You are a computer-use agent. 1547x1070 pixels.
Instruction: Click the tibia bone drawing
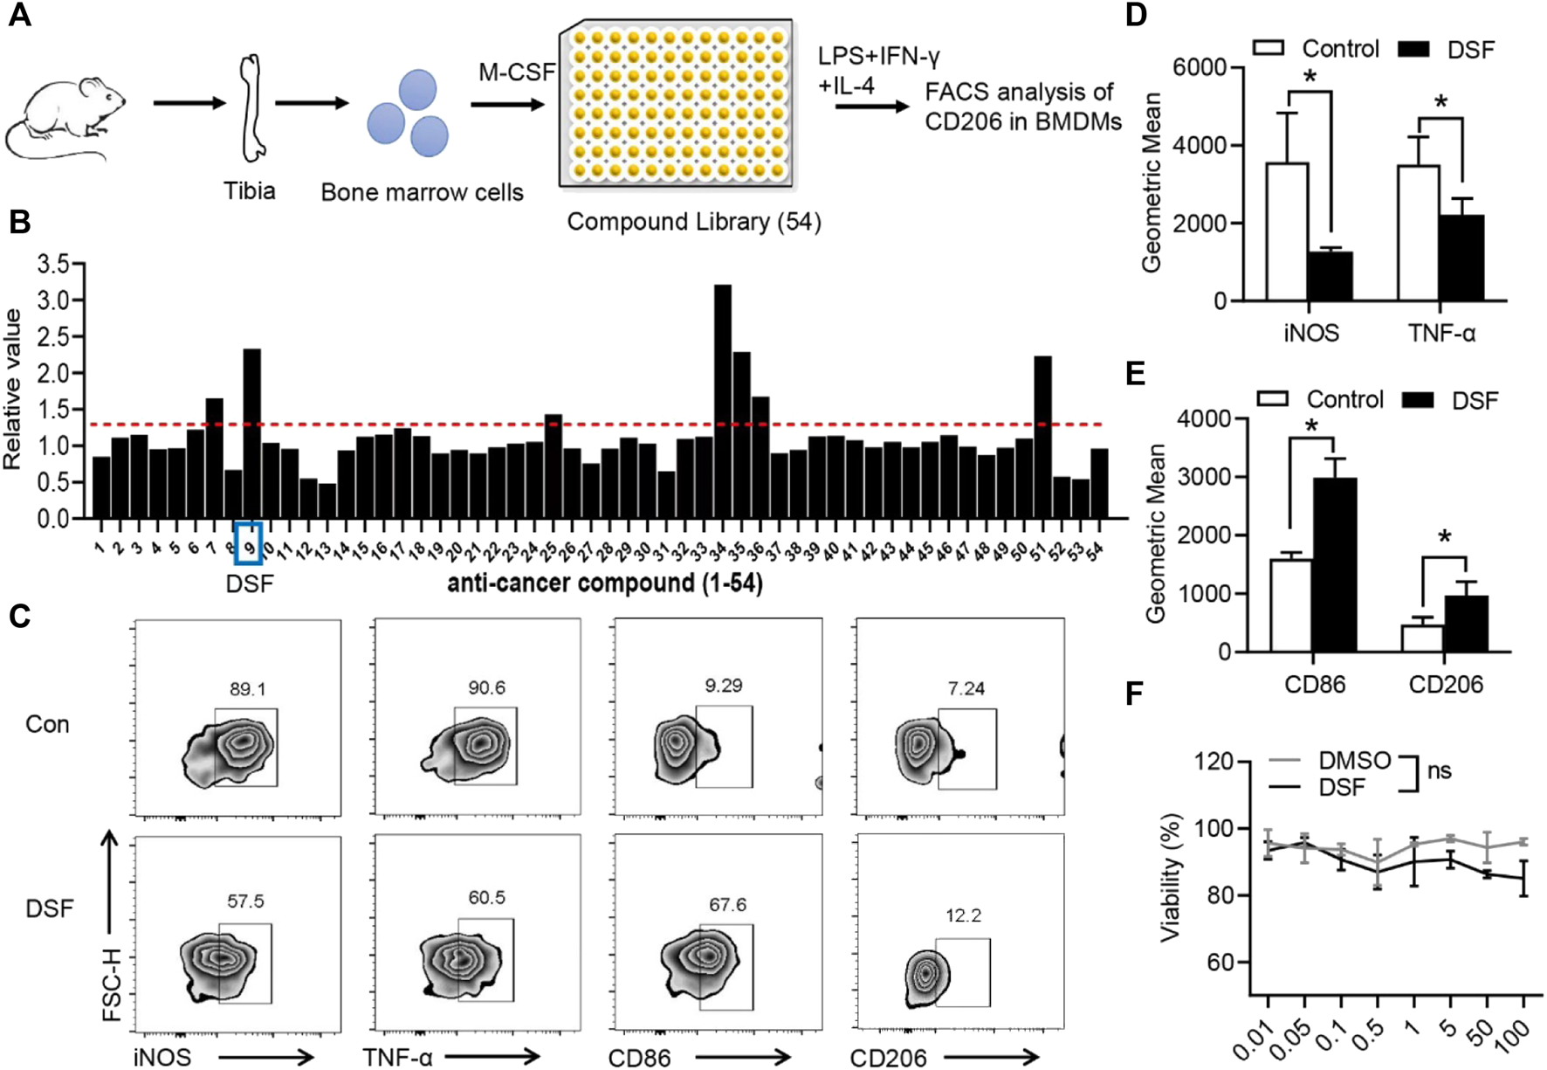point(252,108)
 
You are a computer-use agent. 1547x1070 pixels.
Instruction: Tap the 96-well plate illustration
point(677,103)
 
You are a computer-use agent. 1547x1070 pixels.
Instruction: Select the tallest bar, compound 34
point(723,402)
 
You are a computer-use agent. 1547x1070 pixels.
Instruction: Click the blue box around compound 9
point(249,543)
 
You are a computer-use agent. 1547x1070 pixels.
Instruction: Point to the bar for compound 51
point(1042,437)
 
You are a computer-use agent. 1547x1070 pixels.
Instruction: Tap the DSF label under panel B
point(250,583)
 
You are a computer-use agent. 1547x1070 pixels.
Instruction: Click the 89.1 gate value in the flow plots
point(248,689)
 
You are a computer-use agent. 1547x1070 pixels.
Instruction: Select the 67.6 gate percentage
point(727,905)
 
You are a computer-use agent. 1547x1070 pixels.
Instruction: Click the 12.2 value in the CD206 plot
point(964,915)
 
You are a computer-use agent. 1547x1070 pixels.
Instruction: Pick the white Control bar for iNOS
point(1287,232)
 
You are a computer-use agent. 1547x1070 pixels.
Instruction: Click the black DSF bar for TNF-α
point(1461,259)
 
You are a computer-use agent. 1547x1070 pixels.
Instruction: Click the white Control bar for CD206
point(1422,639)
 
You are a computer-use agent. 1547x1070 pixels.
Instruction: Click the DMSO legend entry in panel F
point(1354,761)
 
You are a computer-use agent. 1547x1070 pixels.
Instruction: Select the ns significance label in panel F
point(1440,771)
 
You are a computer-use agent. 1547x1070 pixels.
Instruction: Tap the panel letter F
point(1134,694)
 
